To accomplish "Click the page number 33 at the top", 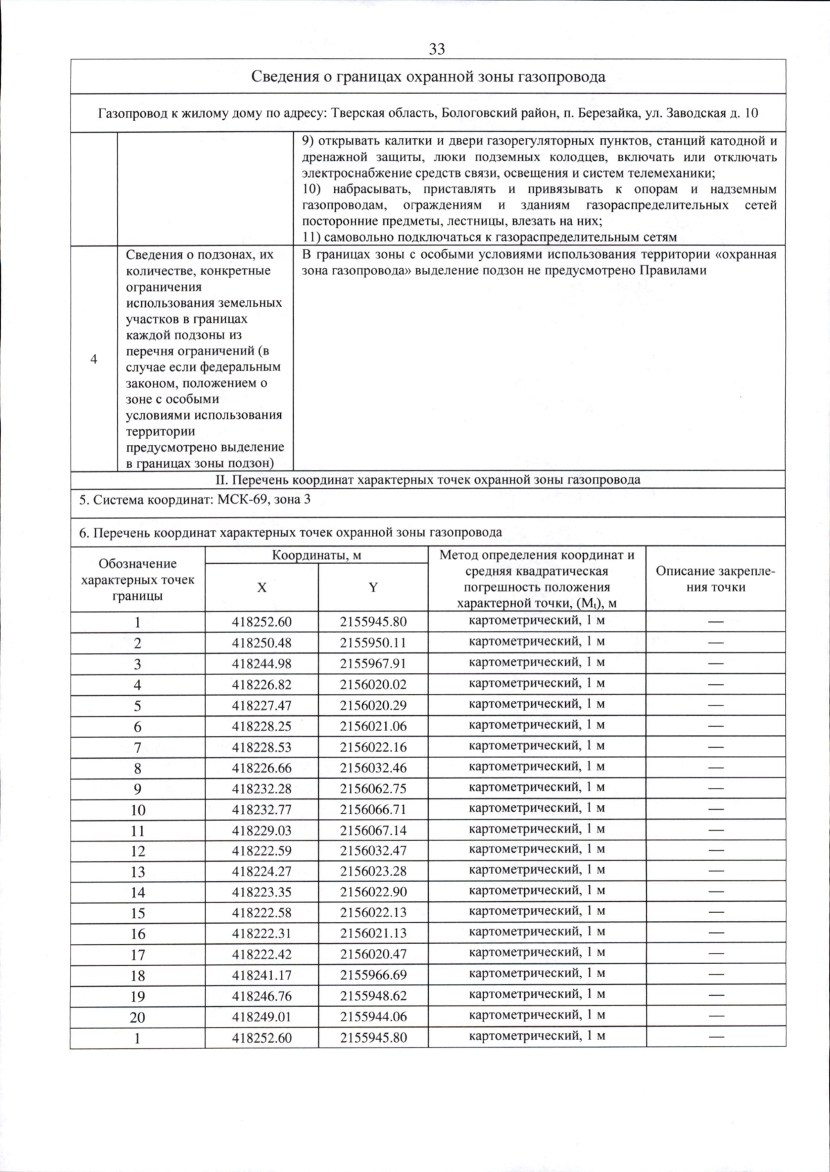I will pyautogui.click(x=436, y=49).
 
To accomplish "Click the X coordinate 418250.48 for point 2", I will pyautogui.click(x=261, y=643).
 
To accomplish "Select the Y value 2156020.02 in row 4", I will pyautogui.click(x=373, y=684).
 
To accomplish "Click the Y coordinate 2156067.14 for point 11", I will pyautogui.click(x=373, y=830).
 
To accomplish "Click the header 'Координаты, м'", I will pyautogui.click(x=316, y=555).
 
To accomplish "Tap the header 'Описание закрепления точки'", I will pyautogui.click(x=715, y=579).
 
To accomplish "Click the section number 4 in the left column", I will pyautogui.click(x=93, y=359).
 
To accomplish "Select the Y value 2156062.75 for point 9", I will pyautogui.click(x=373, y=788).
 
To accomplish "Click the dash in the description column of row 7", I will pyautogui.click(x=715, y=747).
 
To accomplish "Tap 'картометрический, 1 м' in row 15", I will pyautogui.click(x=536, y=911).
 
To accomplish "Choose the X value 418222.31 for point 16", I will pyautogui.click(x=261, y=934).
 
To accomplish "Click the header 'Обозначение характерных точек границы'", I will pyautogui.click(x=138, y=579).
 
